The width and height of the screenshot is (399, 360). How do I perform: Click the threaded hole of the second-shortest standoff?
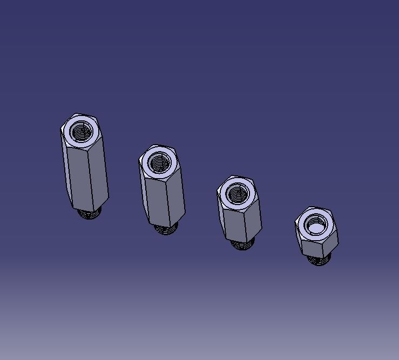pyautogui.click(x=236, y=193)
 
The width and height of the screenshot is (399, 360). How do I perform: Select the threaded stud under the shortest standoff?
pyautogui.click(x=320, y=261)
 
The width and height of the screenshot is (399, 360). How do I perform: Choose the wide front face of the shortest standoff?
pyautogui.click(x=314, y=248)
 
